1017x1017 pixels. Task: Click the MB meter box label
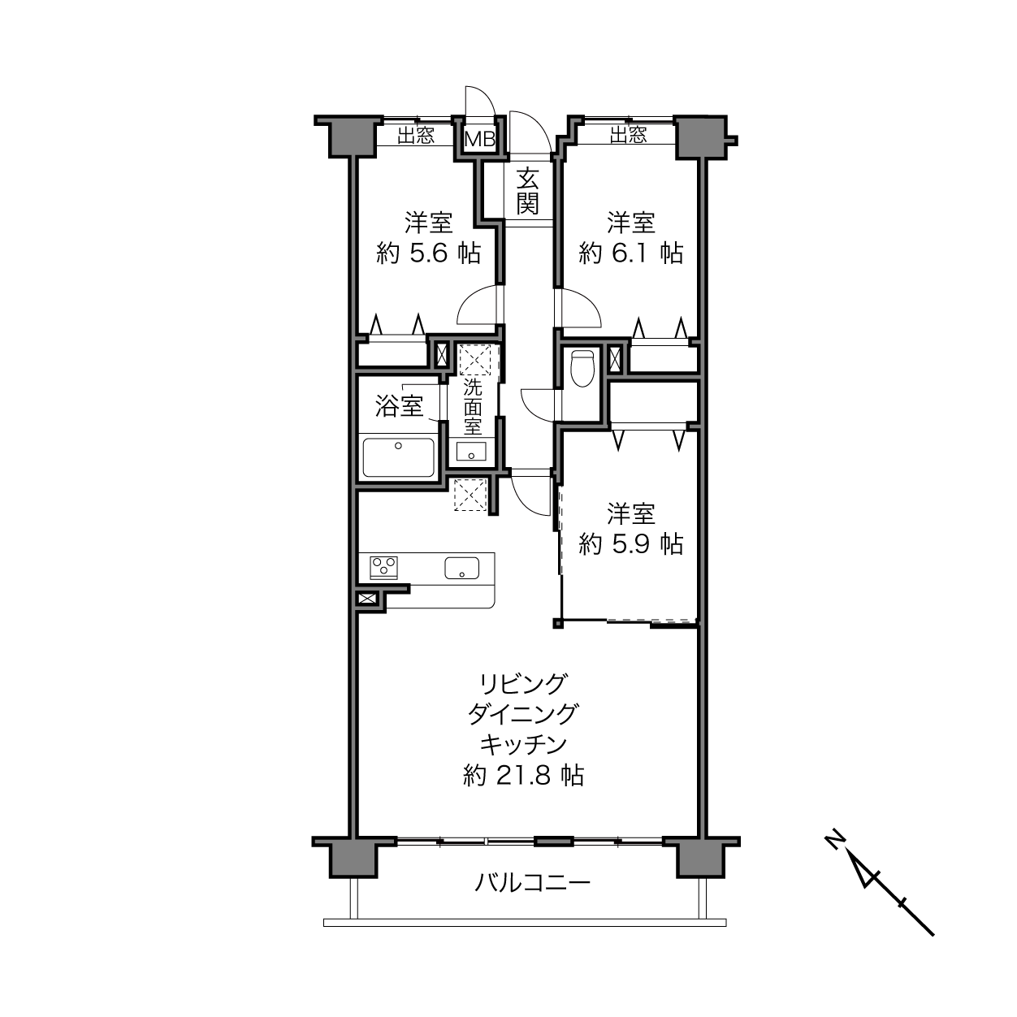pos(480,140)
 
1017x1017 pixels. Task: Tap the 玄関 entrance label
pos(527,191)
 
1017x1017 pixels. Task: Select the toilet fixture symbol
pos(582,369)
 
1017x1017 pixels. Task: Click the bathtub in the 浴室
pos(399,457)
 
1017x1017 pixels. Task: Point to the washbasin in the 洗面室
pos(471,452)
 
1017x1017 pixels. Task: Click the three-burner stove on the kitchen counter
pos(384,568)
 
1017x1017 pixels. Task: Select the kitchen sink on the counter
pos(462,568)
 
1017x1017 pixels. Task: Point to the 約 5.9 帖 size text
pos(630,544)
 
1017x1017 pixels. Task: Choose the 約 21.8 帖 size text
pos(523,776)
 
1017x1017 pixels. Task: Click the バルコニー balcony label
pos(532,882)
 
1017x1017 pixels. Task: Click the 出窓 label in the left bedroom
pos(416,136)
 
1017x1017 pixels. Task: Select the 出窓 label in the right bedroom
pos(628,136)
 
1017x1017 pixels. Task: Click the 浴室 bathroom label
pos(400,406)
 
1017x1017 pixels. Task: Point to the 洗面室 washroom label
pos(472,407)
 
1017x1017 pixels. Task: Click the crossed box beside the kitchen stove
pos(367,599)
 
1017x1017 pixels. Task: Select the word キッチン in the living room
pos(524,745)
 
